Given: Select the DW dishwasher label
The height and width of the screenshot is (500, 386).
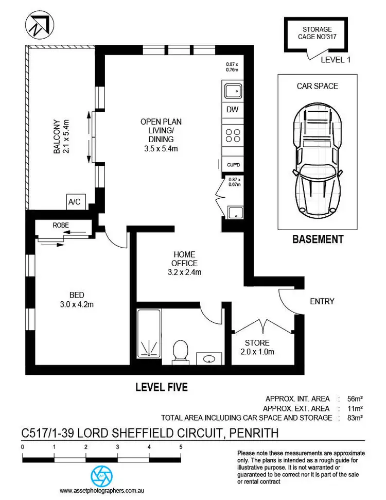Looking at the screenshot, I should [x=232, y=110].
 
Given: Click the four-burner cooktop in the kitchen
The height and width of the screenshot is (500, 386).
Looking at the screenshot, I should [x=233, y=135].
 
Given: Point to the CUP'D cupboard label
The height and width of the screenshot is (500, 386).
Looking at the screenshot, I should [x=233, y=165].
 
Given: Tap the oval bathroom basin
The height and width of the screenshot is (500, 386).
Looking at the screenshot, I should [x=210, y=358].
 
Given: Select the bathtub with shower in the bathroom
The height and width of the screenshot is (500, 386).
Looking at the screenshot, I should [x=149, y=334].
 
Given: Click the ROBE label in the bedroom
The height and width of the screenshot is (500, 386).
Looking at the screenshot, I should [x=61, y=225].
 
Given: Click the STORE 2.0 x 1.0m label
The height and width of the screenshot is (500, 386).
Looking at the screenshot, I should [x=257, y=347].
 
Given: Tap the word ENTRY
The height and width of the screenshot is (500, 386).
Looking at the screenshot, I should [x=322, y=301].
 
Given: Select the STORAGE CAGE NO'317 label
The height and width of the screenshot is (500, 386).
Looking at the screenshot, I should [x=317, y=33].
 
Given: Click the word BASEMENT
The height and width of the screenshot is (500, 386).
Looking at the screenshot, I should [x=318, y=239].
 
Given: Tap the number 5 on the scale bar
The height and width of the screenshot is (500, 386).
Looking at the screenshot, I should [x=181, y=447].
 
